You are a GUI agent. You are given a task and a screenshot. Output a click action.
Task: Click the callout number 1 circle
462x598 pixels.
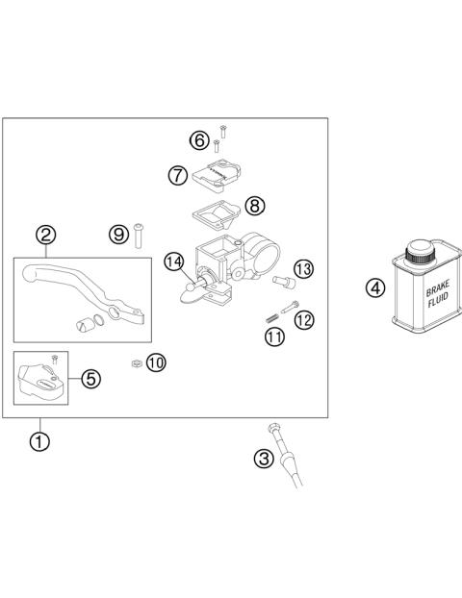pos(39,441)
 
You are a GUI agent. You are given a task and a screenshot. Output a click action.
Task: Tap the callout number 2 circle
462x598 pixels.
pos(45,235)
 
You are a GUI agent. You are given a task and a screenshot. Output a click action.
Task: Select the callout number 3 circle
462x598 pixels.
pos(264,459)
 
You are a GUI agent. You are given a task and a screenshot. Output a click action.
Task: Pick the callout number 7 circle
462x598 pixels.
pos(176,176)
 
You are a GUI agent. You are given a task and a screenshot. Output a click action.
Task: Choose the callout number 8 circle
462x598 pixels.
pos(254,205)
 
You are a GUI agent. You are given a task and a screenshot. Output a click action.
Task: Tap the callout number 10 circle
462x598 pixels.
pos(156,361)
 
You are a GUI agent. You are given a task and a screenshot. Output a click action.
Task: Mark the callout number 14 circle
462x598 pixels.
pos(173,261)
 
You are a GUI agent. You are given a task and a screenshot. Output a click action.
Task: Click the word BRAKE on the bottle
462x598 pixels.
pos(423,289)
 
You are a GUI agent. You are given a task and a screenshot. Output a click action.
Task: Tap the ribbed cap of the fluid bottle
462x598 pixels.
pos(421,252)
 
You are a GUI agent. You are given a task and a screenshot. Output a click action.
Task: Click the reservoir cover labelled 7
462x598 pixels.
pos(217,175)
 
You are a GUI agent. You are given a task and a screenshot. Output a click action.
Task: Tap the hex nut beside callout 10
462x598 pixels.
pos(137,362)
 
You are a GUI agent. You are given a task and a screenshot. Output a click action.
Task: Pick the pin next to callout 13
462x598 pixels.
pos(284,281)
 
